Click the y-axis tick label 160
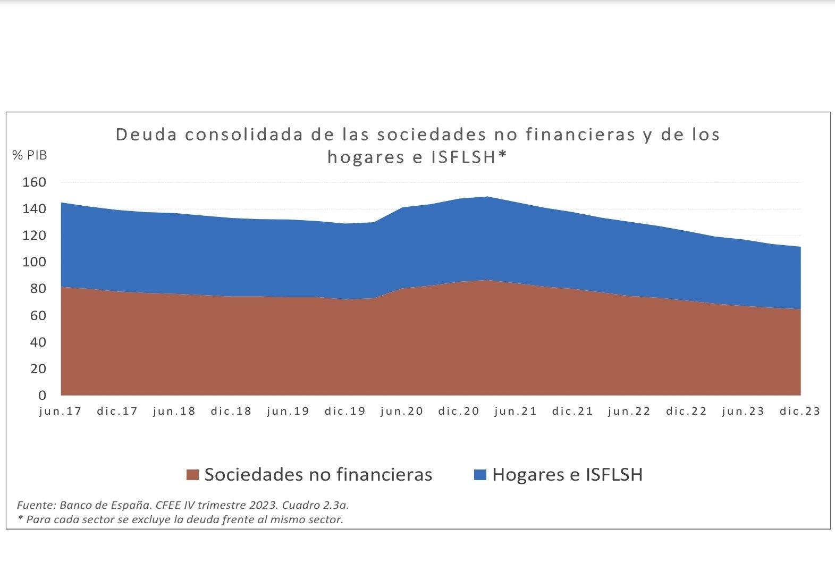(34, 182)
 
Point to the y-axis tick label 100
(34, 262)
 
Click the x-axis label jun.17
(61, 411)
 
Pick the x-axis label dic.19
(345, 411)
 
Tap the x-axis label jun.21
(516, 411)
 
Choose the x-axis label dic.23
(800, 411)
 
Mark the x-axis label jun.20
(402, 411)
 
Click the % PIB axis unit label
(30, 155)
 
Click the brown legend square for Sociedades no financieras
(192, 475)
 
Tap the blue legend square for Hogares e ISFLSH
(480, 475)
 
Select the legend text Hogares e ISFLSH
(567, 474)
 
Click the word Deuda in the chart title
(146, 135)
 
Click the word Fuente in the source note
(35, 505)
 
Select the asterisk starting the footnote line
(21, 518)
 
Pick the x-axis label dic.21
(572, 411)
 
